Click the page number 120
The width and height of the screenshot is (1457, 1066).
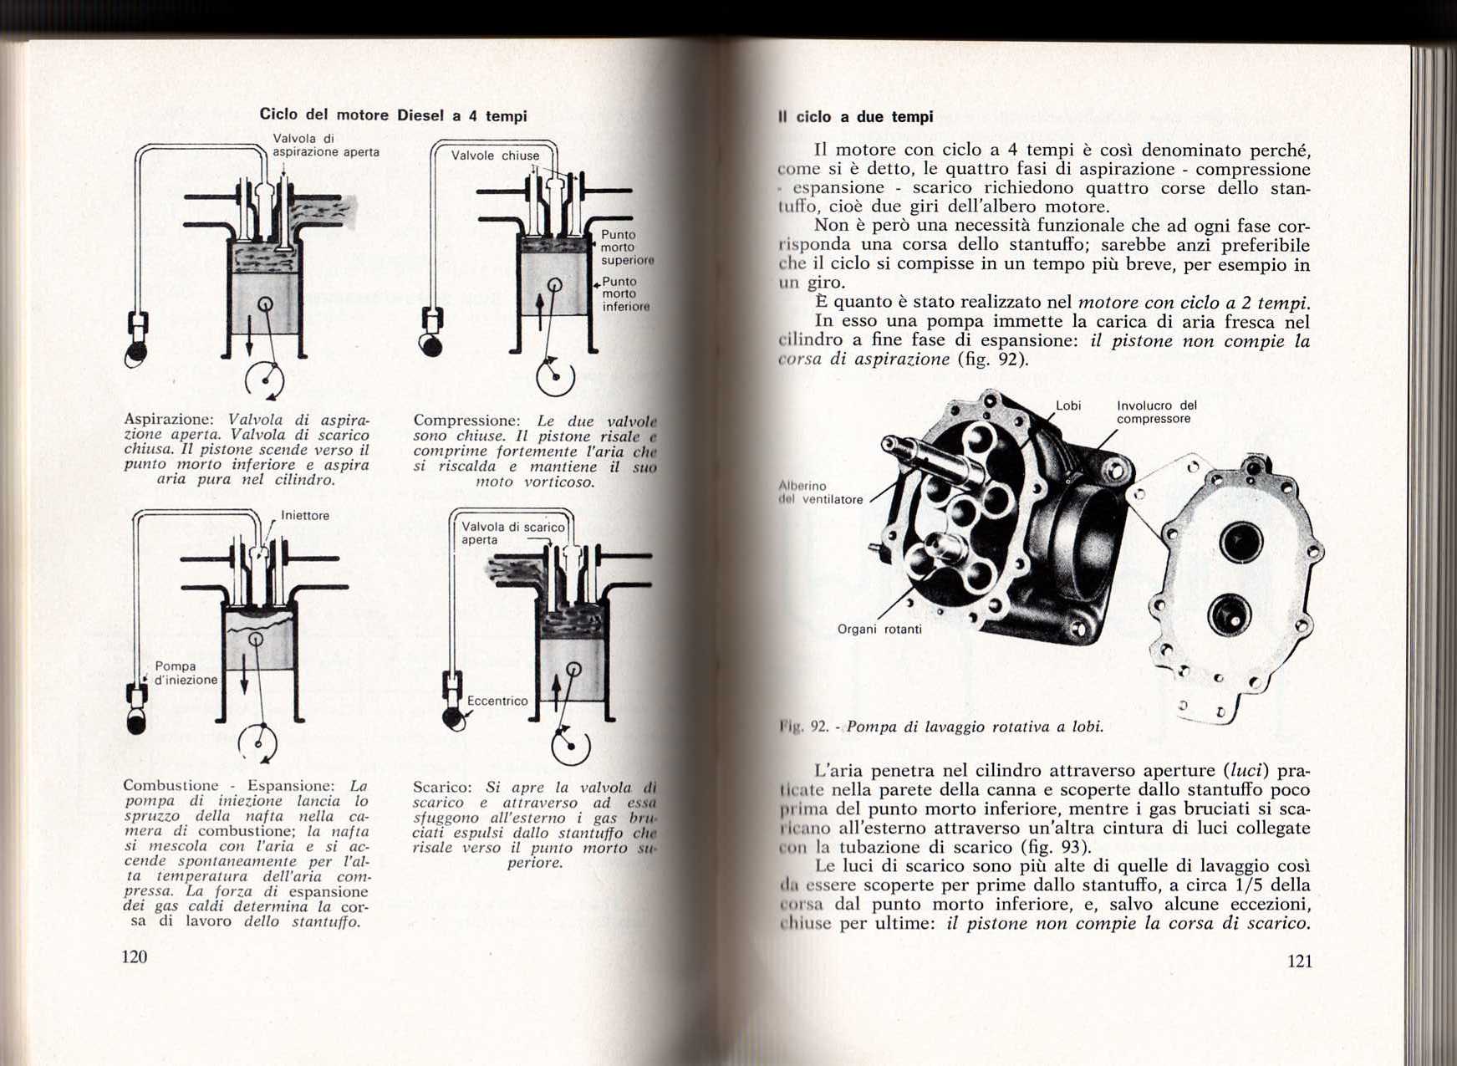pos(135,957)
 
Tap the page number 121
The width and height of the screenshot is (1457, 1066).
pos(1300,961)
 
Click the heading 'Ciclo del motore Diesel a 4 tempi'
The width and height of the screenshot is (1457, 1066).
pos(393,115)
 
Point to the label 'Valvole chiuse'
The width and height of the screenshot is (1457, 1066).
pos(495,156)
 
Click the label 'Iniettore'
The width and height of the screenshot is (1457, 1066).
pos(305,516)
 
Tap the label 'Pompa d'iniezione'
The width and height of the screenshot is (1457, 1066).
pos(185,673)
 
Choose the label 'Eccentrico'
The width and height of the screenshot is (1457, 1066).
pos(497,701)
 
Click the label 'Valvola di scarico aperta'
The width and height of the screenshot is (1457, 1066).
pos(512,533)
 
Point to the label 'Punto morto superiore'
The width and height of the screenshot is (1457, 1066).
pos(625,247)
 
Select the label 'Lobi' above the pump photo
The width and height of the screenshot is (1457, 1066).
pos(1068,405)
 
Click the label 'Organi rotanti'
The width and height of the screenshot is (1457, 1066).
pos(879,629)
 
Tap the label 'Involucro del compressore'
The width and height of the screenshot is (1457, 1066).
pos(1156,412)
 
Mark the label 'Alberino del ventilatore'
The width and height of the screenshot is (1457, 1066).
pos(820,492)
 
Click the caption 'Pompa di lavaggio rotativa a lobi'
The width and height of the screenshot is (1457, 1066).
pos(975,727)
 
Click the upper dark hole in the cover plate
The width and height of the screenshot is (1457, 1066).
pos(1240,542)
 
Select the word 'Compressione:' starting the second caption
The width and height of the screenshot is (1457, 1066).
pos(466,421)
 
